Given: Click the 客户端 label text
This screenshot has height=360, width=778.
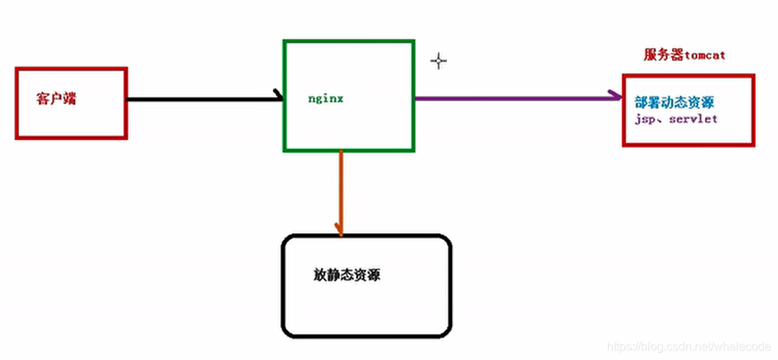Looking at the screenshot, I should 56,99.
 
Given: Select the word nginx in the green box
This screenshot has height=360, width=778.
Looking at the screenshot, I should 326,97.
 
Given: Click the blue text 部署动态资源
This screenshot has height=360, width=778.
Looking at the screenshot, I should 674,103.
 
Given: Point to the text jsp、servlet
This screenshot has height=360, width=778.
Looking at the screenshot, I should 675,118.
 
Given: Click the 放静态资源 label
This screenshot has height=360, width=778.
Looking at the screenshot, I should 347,275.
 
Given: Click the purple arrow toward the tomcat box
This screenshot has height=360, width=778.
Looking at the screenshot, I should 516,97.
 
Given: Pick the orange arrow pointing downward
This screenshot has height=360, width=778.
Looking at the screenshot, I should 340,192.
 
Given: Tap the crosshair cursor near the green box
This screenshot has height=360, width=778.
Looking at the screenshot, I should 439,61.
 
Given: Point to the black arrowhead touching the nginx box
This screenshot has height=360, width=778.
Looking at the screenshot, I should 279,96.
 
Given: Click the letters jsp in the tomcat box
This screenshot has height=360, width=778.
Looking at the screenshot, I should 644,119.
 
